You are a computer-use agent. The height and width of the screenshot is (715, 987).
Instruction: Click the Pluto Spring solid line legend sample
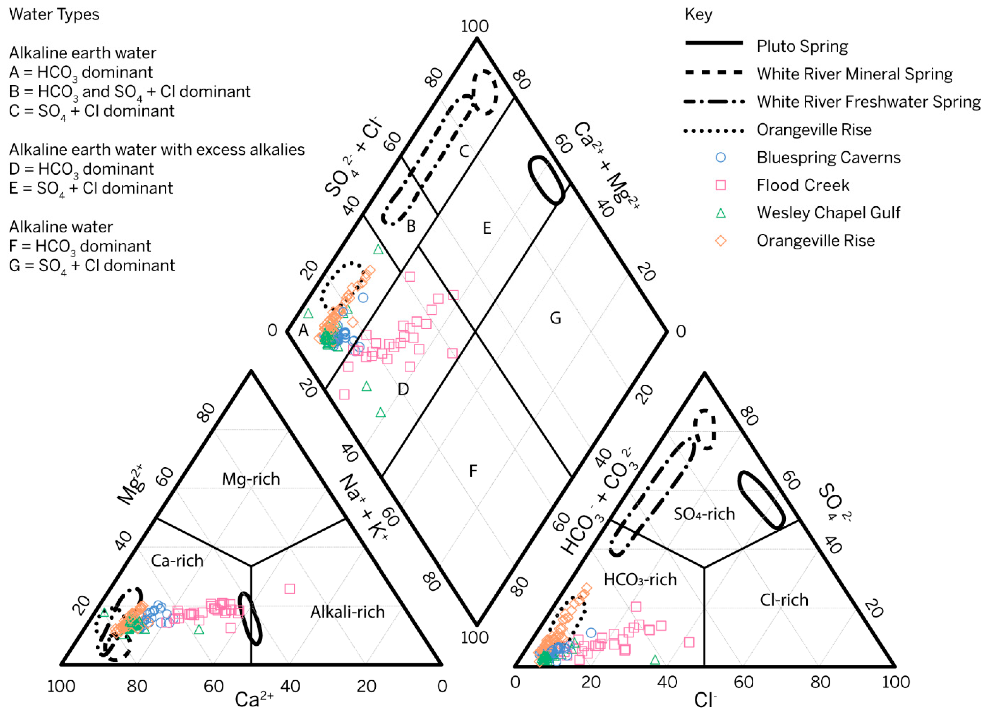714,43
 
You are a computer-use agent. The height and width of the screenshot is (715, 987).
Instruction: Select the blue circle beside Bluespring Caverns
721,157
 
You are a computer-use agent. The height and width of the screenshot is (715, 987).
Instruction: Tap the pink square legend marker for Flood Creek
721,185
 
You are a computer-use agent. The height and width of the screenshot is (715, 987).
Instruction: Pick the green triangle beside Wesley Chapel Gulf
721,213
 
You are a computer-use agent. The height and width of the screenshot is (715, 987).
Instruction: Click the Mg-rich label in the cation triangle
251,479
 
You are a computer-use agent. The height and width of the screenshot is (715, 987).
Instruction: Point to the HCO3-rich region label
640,579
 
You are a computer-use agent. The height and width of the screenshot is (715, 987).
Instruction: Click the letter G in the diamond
555,318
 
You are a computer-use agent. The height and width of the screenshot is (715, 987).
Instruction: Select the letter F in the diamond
473,471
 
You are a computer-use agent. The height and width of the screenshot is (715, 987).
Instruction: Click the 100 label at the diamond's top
475,26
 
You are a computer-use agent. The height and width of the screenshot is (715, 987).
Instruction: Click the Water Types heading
54,14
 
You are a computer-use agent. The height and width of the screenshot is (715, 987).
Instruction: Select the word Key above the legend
699,14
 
